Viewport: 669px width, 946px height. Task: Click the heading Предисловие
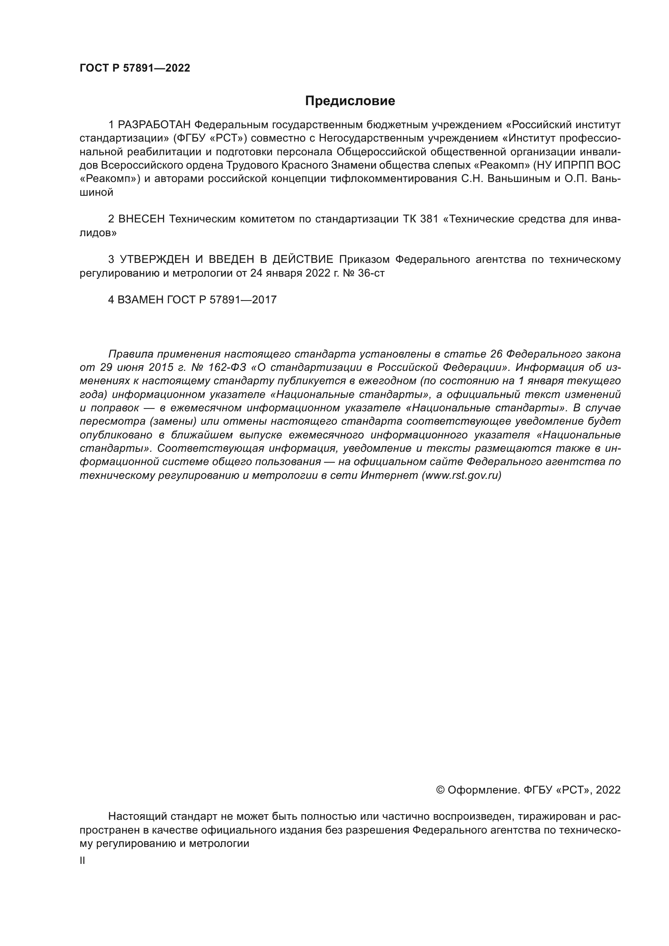coord(350,101)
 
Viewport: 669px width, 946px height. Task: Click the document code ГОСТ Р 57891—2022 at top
coord(135,68)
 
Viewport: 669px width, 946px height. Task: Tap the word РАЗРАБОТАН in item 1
coord(155,125)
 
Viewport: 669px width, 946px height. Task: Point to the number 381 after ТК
coord(429,219)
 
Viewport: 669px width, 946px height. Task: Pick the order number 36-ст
coord(371,273)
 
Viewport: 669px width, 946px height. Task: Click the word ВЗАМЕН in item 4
coord(140,300)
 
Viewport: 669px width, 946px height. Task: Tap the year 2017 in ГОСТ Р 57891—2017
coord(264,300)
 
